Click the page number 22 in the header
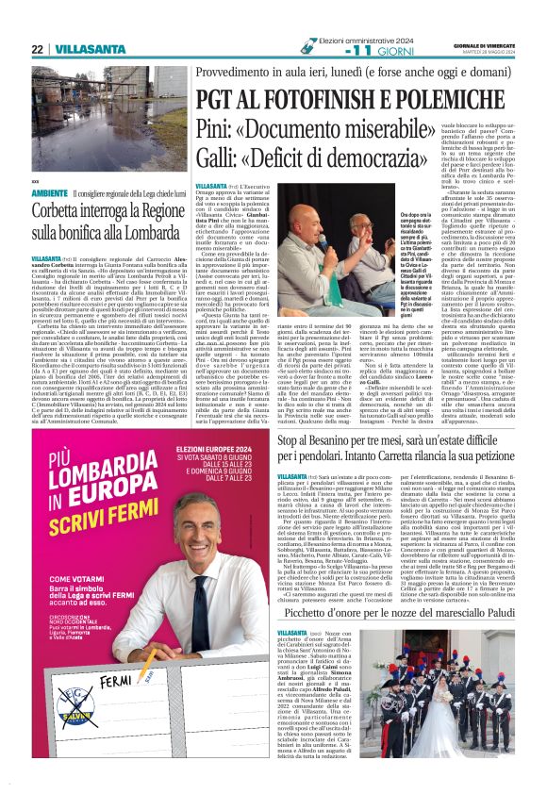37,48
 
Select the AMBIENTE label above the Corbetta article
49,193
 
